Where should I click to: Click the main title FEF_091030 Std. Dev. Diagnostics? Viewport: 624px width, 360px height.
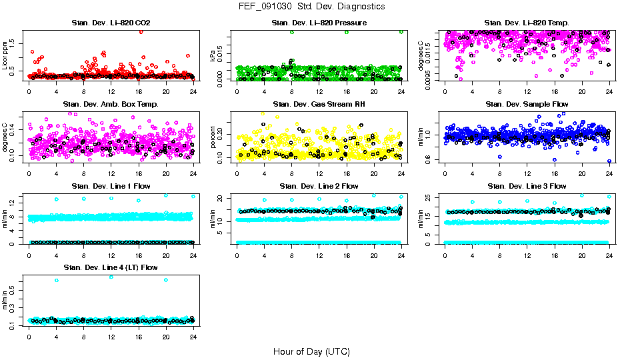point(311,7)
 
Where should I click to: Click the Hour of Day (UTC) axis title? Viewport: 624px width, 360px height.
point(311,351)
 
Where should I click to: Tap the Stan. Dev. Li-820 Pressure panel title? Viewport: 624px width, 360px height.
point(319,23)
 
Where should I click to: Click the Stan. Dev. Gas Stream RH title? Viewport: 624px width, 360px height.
point(319,105)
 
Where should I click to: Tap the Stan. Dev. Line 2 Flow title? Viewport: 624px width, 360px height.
point(319,186)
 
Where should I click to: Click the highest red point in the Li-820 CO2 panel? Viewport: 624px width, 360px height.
point(141,31)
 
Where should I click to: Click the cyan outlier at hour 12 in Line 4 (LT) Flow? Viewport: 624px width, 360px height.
point(111,277)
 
